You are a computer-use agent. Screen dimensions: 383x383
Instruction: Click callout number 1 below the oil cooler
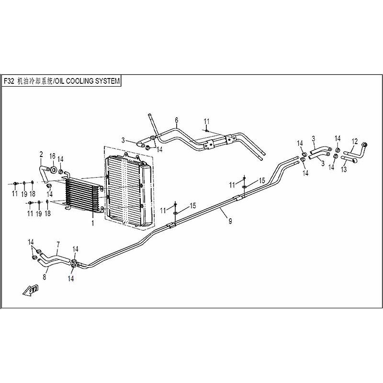pos(93,223)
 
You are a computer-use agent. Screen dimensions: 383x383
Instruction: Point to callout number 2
pos(41,154)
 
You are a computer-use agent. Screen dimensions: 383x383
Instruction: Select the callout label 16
pos(53,156)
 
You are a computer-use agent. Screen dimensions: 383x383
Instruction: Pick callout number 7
pos(57,244)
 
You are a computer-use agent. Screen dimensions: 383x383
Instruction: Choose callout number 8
pos(45,277)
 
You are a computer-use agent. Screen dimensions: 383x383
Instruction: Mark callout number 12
pos(355,141)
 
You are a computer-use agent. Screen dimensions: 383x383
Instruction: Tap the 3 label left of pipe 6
pos(123,140)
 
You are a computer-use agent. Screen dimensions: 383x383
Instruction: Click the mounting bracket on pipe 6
pos(209,145)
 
